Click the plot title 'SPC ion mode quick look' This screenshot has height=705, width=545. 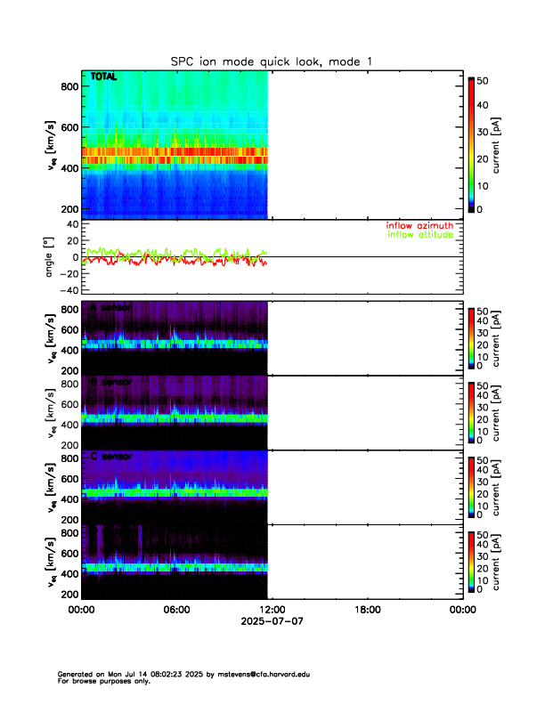pos(272,61)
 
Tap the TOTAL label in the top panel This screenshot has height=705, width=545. pos(105,78)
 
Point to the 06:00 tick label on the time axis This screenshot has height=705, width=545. pos(176,611)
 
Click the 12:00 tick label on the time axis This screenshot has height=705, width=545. pos(272,611)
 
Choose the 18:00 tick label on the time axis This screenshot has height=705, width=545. pos(367,611)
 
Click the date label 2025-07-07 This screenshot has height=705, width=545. pos(272,621)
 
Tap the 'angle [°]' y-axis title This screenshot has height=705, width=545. pos(51,257)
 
